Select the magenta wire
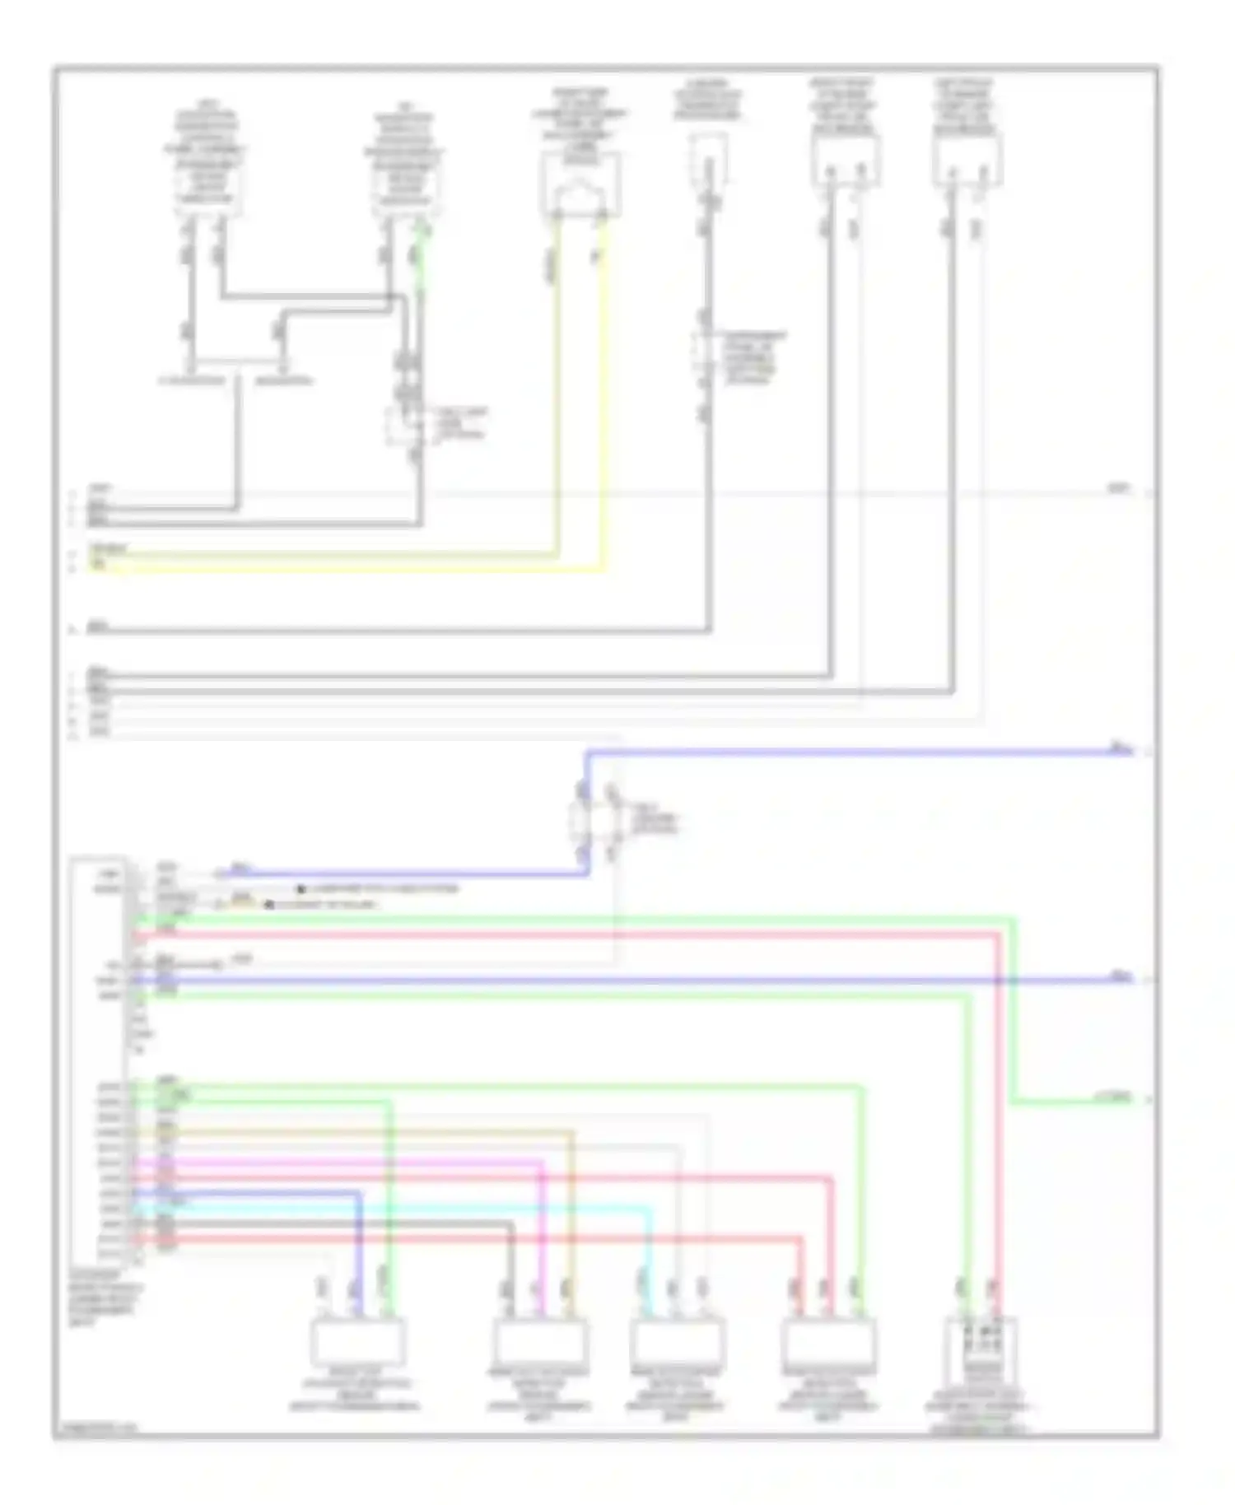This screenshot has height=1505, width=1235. (x=370, y=1163)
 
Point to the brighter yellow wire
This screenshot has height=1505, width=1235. (x=370, y=568)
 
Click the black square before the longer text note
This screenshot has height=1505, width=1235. (x=301, y=889)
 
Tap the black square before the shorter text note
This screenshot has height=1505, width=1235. (x=268, y=905)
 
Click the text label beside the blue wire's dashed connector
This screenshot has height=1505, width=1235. (x=655, y=820)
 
